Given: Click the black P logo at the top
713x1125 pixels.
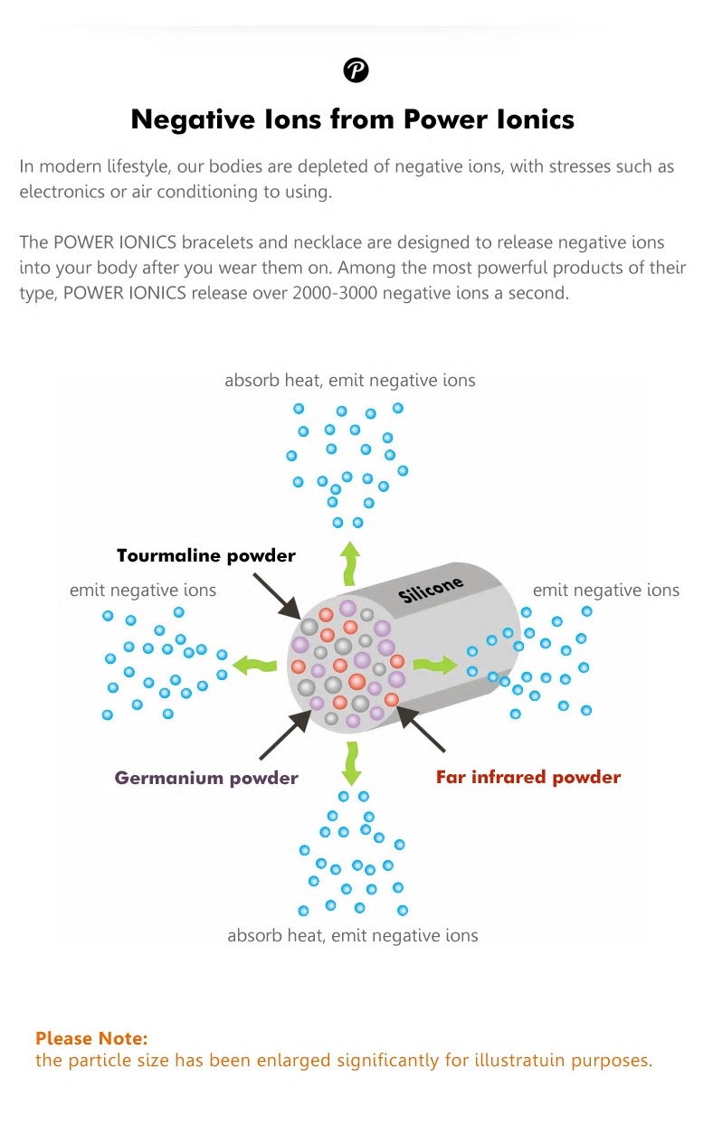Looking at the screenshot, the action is pos(356,70).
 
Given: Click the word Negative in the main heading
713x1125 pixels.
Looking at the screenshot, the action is pos(193,120).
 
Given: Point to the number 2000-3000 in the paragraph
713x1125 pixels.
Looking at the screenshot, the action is pos(335,293).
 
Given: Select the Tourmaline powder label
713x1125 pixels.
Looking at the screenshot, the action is pos(206,555).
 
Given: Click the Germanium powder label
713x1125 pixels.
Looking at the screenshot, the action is pos(206,778).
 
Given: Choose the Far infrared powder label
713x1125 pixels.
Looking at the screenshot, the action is pos(528,777).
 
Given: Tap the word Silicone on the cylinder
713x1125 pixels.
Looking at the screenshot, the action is pos(431,589).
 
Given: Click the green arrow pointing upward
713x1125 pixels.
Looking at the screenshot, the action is pos(350,563).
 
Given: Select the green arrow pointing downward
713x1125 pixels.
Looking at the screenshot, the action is pos(351,763).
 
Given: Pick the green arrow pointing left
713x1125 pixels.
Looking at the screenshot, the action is pos(255,666).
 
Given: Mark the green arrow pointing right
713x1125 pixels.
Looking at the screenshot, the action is pos(435,665).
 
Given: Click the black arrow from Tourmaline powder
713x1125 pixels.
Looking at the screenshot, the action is pos(277,597).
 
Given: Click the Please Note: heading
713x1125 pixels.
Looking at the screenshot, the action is pos(91,1038).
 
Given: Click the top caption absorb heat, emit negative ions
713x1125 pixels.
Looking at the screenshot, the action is pos(350,381).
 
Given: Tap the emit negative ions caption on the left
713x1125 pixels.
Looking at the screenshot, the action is pos(143,591).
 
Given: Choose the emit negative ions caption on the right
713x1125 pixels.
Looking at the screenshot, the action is pos(606,591).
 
